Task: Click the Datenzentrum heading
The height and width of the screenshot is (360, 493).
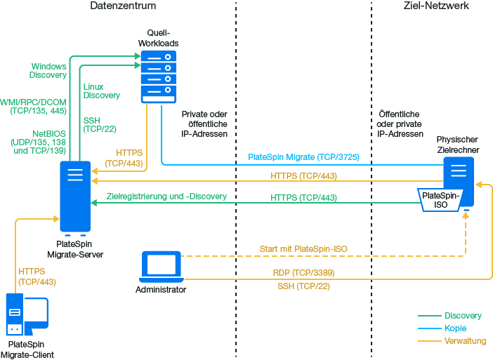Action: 123,6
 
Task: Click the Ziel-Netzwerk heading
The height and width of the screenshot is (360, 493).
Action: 437,6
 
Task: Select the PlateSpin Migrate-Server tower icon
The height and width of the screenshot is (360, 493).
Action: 74,197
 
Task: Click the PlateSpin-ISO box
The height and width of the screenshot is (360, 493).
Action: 440,199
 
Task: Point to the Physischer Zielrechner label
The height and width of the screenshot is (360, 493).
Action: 458,145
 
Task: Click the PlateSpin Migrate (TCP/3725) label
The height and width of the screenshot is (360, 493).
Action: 304,158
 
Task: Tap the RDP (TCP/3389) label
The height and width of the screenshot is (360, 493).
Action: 303,272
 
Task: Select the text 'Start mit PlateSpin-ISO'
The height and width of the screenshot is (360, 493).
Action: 303,249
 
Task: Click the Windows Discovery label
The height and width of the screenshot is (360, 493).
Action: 48,71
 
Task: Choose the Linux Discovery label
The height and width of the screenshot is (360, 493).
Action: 101,91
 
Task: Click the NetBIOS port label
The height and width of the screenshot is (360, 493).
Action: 39,142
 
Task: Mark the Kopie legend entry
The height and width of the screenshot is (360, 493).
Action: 455,328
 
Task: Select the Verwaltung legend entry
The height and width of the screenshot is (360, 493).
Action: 465,341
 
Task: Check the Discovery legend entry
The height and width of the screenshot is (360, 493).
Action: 463,316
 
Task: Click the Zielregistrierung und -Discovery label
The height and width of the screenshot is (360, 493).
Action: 166,196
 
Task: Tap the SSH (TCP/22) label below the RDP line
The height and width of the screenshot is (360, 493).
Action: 303,286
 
